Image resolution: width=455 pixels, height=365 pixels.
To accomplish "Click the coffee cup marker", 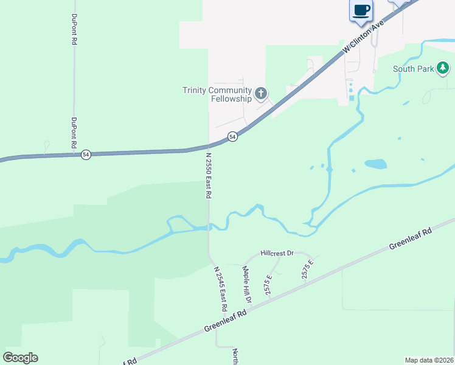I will point(361,10).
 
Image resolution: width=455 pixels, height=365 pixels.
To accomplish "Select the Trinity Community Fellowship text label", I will point(217,94).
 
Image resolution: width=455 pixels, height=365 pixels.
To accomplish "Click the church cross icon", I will point(261,93).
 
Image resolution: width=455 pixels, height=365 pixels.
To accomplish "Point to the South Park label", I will point(414,69).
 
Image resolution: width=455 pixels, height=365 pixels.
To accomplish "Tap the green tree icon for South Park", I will point(445,68).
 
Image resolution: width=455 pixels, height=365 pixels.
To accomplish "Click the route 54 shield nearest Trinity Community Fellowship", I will point(232,137).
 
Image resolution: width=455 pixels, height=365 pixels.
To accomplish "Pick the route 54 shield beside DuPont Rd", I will point(86,155).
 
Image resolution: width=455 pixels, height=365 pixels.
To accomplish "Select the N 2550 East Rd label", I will point(207,176).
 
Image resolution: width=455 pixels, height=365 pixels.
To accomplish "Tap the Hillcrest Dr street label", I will point(277,252).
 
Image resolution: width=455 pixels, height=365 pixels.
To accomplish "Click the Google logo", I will point(20,358).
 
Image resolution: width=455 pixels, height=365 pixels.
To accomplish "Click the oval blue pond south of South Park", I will point(375,164).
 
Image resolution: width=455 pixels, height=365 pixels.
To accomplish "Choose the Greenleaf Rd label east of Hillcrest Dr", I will point(411,238).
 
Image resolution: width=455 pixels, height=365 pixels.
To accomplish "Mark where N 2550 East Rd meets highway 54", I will point(209,147).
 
